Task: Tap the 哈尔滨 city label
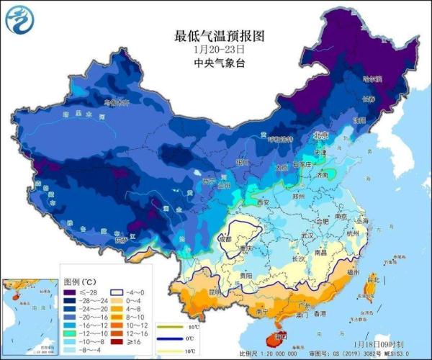click(x=372, y=78)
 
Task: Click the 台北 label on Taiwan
click(x=372, y=279)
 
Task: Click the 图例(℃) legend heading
click(x=79, y=282)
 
